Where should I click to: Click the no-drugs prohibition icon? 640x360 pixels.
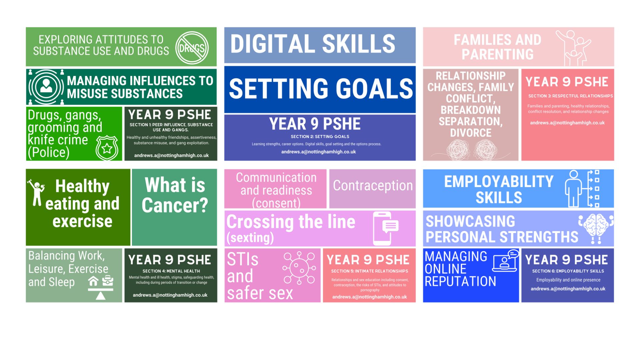click(x=192, y=48)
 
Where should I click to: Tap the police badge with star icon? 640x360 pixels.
click(x=107, y=148)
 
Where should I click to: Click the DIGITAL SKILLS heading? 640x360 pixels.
click(x=313, y=44)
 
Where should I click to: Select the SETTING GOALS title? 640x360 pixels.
click(x=321, y=89)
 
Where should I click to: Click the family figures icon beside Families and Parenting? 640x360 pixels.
click(x=573, y=48)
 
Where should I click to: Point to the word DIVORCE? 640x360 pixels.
click(x=471, y=133)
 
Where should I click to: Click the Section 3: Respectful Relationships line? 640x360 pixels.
click(x=570, y=96)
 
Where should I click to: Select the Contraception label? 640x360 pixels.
click(x=373, y=185)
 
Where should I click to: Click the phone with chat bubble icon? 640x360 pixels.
click(x=385, y=228)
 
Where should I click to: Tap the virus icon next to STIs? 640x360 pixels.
click(x=299, y=268)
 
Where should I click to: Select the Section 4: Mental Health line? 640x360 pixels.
click(x=171, y=271)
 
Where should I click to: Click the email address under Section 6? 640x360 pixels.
click(x=568, y=289)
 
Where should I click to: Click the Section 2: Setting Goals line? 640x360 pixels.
click(x=320, y=136)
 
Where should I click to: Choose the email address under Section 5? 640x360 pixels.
click(x=369, y=297)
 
